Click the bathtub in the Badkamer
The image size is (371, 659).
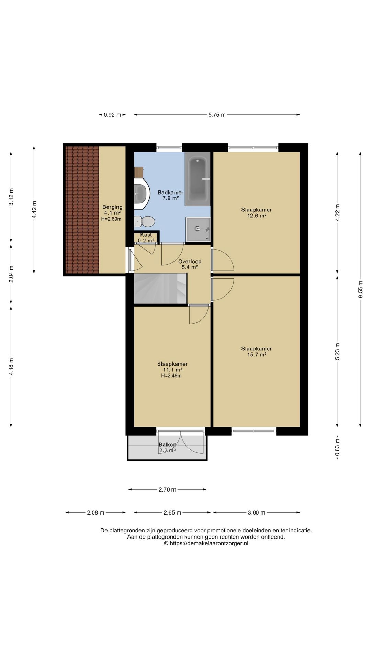click(198, 179)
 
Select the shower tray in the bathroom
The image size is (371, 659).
click(198, 229)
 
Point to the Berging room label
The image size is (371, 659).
click(112, 207)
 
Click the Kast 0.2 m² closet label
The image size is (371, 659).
click(146, 238)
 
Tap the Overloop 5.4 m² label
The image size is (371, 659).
click(190, 264)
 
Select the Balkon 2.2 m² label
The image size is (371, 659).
click(167, 448)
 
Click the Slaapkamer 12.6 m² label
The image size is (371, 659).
click(257, 213)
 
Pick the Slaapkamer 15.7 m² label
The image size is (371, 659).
click(257, 351)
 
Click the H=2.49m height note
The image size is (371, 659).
click(171, 375)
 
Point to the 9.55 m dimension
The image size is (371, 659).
click(360, 290)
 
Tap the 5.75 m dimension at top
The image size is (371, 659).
click(217, 115)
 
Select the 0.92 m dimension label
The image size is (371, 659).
click(112, 115)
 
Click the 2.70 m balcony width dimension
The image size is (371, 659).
click(167, 489)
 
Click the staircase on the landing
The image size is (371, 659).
click(160, 288)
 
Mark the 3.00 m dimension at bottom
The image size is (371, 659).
click(257, 513)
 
